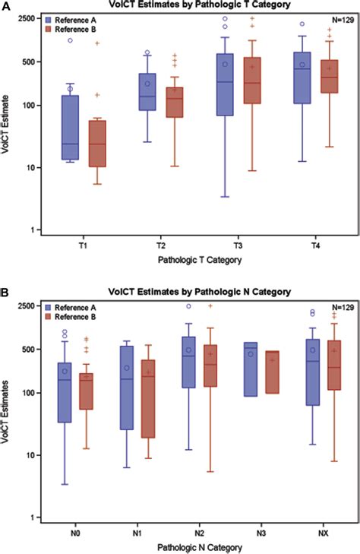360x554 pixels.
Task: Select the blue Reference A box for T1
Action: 71,127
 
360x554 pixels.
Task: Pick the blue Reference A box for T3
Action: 225,84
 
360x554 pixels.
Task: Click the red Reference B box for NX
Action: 333,365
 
